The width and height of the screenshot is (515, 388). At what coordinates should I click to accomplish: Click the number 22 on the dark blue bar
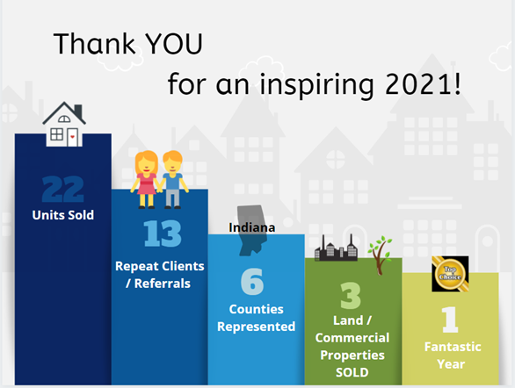tap(63, 189)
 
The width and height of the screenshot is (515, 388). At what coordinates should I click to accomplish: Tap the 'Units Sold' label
tap(63, 215)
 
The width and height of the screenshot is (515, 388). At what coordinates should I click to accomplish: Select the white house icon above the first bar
tap(64, 124)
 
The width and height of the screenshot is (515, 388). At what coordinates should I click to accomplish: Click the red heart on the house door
tap(73, 137)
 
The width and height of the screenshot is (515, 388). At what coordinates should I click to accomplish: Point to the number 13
tap(163, 234)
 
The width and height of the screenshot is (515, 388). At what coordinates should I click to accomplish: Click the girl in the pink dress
tap(146, 179)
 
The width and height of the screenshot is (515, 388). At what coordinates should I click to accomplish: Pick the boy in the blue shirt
tap(173, 179)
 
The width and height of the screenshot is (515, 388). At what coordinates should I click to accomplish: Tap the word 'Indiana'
tap(252, 227)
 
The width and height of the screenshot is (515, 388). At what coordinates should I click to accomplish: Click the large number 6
tap(252, 282)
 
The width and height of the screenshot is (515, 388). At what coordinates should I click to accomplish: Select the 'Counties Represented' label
tap(257, 318)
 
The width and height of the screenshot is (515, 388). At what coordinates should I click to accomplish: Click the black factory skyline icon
tap(336, 248)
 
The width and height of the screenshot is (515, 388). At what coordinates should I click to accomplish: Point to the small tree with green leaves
tap(381, 255)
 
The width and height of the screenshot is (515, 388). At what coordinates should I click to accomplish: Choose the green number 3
tap(351, 296)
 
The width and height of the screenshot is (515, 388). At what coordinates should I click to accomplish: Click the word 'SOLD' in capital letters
tap(352, 372)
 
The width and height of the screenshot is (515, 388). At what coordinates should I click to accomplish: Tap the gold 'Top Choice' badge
tap(450, 274)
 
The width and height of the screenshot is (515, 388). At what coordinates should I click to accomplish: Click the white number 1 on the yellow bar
tap(450, 320)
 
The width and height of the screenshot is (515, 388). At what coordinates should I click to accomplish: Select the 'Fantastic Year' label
tap(453, 356)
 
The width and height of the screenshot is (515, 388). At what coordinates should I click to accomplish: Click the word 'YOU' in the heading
tap(174, 44)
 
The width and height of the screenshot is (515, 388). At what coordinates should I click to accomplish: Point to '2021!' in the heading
tap(423, 84)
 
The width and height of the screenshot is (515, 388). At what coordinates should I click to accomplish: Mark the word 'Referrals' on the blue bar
tap(163, 284)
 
